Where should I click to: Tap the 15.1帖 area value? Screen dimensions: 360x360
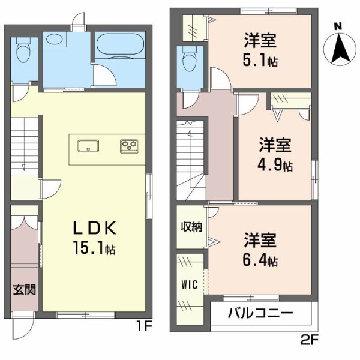[x=94, y=248]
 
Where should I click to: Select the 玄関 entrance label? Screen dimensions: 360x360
[x=25, y=290]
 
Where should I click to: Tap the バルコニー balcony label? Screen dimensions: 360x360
[x=260, y=314]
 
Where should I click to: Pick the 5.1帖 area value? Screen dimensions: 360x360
[x=260, y=61]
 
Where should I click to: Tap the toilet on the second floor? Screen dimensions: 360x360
[x=190, y=61]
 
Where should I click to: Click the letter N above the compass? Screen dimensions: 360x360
[x=338, y=26]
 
